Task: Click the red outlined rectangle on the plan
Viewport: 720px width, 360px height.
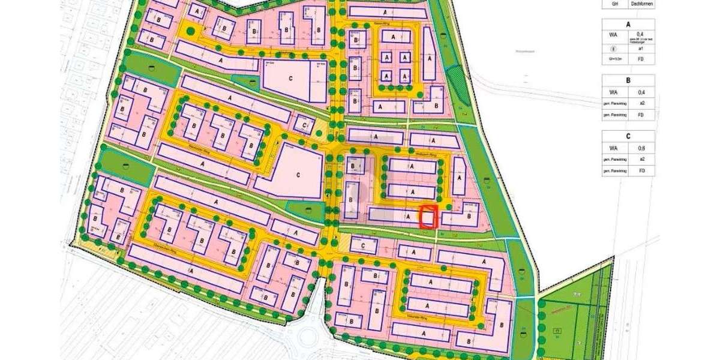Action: click(427, 217)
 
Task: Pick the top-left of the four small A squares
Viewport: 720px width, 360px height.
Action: click(388, 58)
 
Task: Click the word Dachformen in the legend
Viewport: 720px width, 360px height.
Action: click(642, 4)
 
